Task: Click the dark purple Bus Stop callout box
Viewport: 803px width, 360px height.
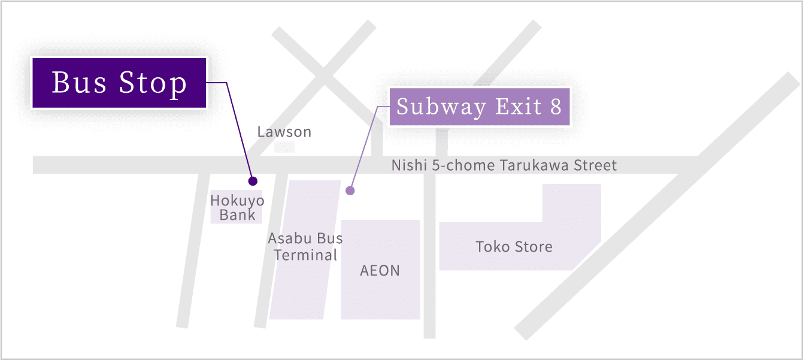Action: pyautogui.click(x=119, y=83)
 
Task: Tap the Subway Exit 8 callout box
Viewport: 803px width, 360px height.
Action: pyautogui.click(x=480, y=107)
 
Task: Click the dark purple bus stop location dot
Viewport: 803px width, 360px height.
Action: pyautogui.click(x=253, y=181)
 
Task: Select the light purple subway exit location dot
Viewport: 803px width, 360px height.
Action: pyautogui.click(x=350, y=190)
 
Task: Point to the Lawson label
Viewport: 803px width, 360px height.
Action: pyautogui.click(x=284, y=132)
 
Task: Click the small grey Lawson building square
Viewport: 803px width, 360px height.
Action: pyautogui.click(x=284, y=147)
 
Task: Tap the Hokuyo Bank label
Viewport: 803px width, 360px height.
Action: pyautogui.click(x=237, y=208)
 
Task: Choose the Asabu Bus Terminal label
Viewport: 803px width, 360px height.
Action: pyautogui.click(x=305, y=247)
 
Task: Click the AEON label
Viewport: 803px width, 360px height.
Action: pyautogui.click(x=380, y=271)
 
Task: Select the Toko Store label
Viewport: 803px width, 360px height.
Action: pyautogui.click(x=514, y=247)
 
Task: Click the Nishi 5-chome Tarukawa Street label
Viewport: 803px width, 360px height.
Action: pyautogui.click(x=504, y=165)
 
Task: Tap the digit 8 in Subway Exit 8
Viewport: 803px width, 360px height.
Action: pyautogui.click(x=556, y=107)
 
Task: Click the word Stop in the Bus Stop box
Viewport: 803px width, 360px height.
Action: pyautogui.click(x=153, y=83)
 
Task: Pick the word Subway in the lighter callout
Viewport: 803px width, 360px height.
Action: pyautogui.click(x=441, y=107)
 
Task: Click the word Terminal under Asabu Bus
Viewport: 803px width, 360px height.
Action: pyautogui.click(x=305, y=255)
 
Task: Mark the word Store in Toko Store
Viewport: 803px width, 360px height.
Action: pyautogui.click(x=534, y=247)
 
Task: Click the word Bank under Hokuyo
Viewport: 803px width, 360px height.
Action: pyautogui.click(x=237, y=215)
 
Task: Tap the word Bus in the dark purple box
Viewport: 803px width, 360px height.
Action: pyautogui.click(x=79, y=82)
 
